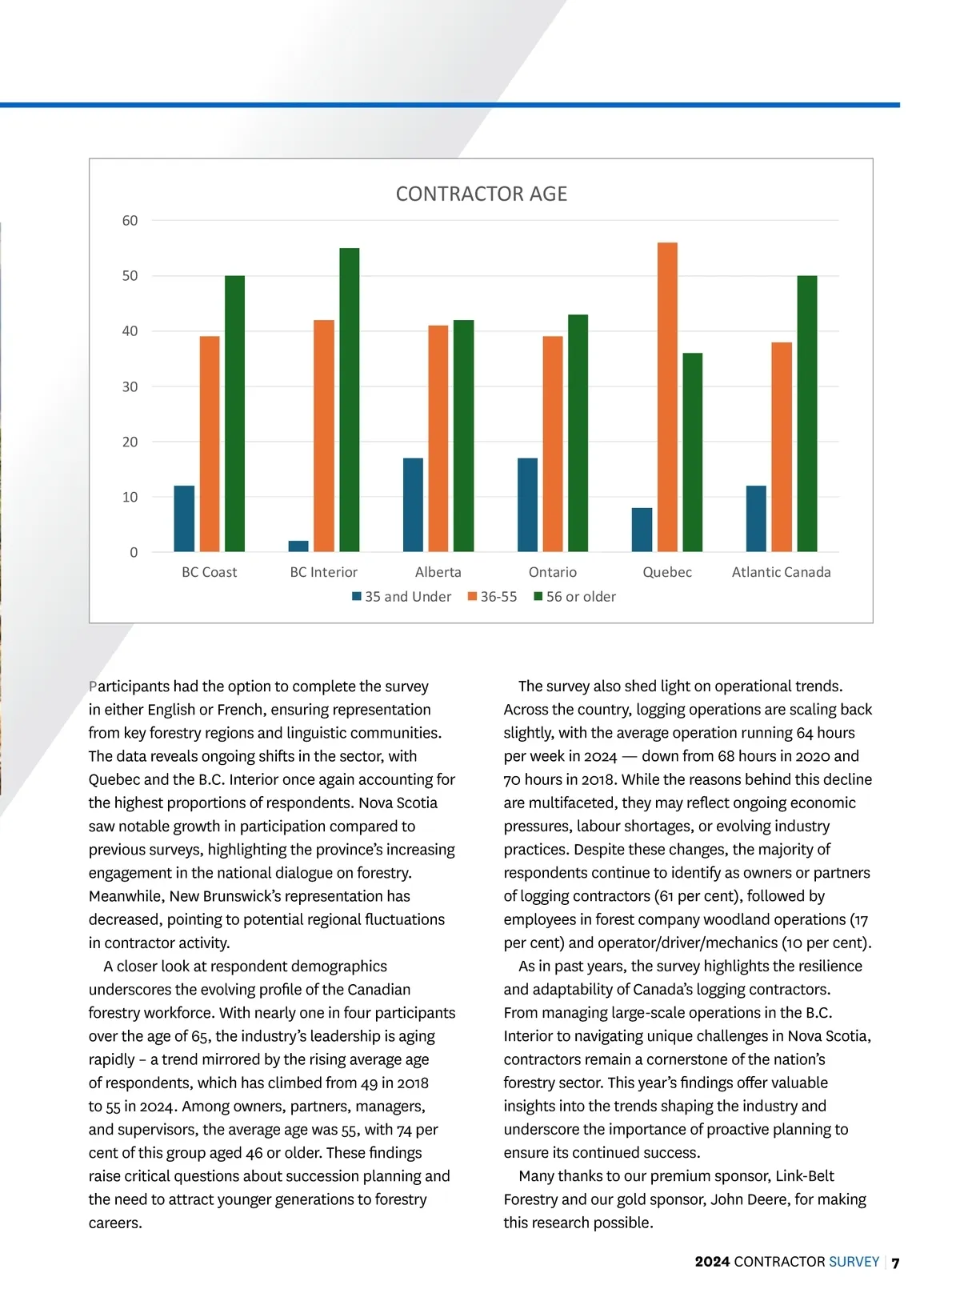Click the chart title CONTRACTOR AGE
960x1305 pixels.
pos(481,194)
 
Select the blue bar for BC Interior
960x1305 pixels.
pos(298,546)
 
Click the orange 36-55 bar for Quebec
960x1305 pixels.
pos(667,397)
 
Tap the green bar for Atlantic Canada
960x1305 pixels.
pos(807,414)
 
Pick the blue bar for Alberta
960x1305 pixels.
pos(413,505)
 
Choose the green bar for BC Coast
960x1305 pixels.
pos(234,414)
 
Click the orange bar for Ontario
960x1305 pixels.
pos(553,444)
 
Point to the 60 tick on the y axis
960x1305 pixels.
pos(130,221)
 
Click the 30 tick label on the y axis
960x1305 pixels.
pos(130,386)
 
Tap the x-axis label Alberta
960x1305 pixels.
pos(438,572)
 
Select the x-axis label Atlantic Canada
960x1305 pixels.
pos(781,572)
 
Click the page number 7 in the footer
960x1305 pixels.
pos(896,1263)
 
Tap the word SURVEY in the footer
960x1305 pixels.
pos(854,1262)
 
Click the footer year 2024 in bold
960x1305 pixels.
pos(712,1262)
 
